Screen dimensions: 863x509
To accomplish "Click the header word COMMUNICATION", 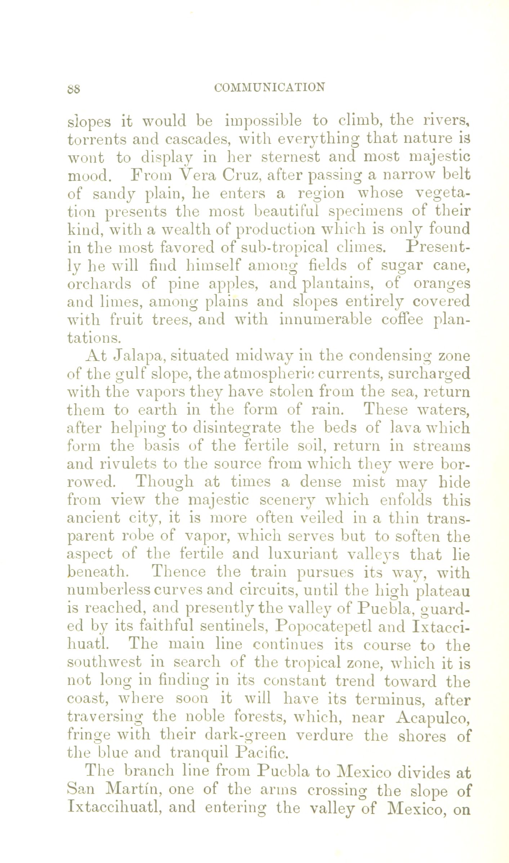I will point(269,87).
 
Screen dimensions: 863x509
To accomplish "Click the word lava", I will point(405,428).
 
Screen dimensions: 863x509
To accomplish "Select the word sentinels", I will point(233,627).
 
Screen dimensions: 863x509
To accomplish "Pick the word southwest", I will point(104,663).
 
